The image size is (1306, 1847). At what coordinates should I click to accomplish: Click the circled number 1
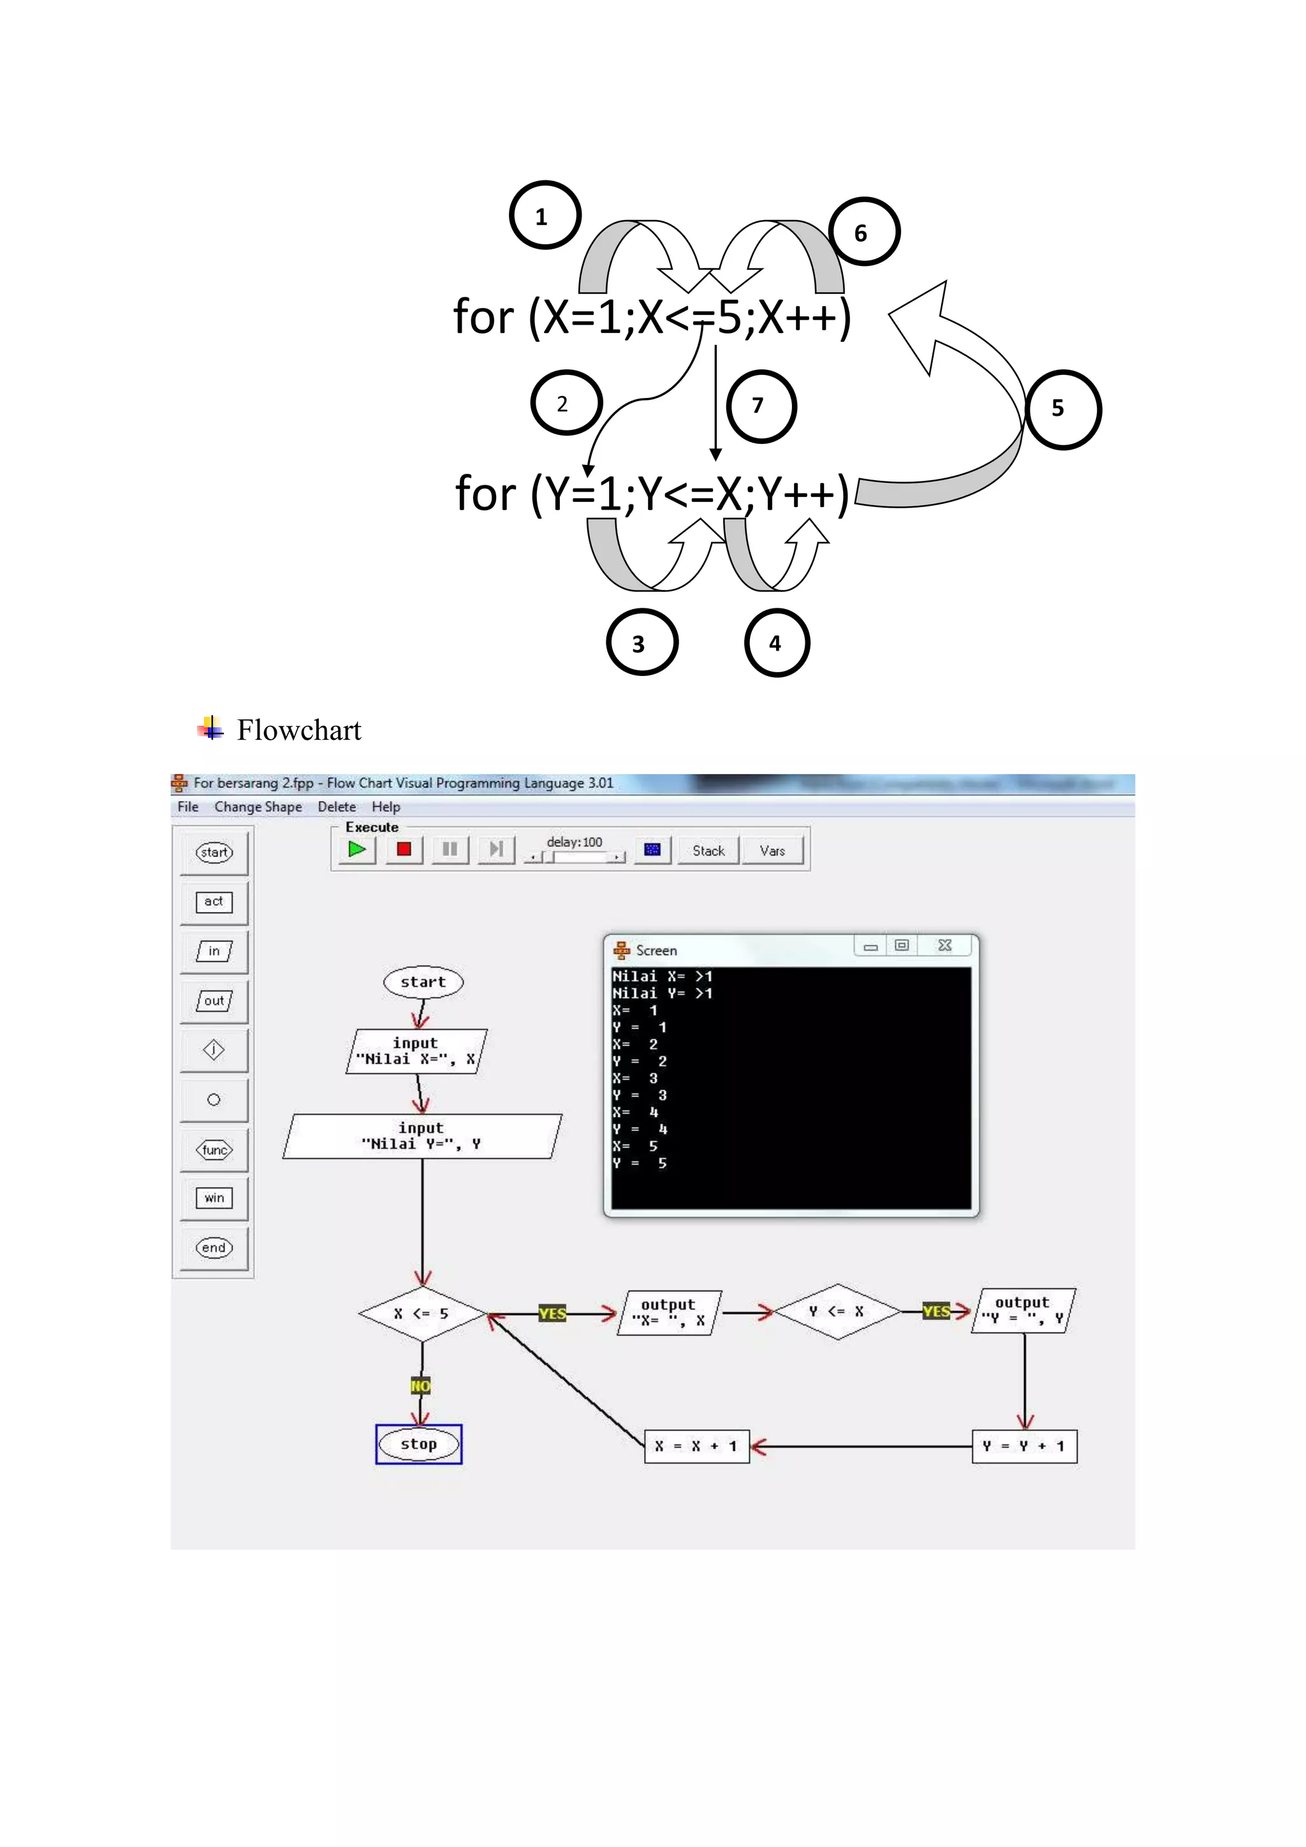[x=545, y=216]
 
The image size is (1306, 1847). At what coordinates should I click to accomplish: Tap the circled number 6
[x=863, y=232]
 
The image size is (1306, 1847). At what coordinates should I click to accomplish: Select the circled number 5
[x=1063, y=409]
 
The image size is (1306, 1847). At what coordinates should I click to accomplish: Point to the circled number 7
[x=760, y=406]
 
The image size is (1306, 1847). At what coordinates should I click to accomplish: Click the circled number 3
[x=641, y=643]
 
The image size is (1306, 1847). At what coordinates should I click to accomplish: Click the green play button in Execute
[x=357, y=850]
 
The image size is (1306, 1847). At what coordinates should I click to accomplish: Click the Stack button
[x=708, y=850]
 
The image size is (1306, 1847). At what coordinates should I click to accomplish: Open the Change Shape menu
[x=258, y=807]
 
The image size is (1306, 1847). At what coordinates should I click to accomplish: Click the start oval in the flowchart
[x=423, y=982]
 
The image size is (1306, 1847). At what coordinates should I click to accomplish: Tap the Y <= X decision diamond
[x=837, y=1312]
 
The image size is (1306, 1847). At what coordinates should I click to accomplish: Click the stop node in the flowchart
[x=419, y=1444]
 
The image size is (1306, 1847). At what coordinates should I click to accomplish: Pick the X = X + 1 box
[x=696, y=1446]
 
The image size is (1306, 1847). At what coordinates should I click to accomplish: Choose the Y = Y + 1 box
[x=1024, y=1446]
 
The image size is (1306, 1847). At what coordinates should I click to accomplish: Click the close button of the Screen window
[x=945, y=946]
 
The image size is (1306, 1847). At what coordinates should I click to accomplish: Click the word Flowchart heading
[x=298, y=730]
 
